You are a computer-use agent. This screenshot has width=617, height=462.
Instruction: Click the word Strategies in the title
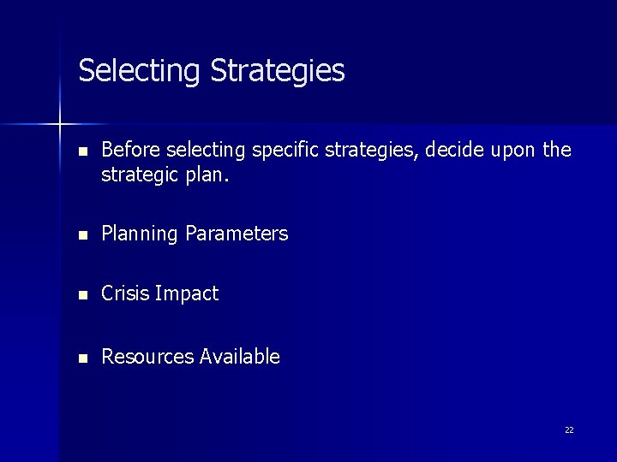click(277, 71)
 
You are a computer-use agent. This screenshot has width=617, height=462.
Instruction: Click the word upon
click(512, 152)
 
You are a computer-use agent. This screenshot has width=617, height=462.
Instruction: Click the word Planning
click(140, 234)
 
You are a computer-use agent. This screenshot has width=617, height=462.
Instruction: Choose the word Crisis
click(126, 293)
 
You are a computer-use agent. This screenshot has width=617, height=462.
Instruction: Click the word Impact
click(187, 294)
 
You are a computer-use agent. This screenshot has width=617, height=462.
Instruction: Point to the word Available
click(240, 357)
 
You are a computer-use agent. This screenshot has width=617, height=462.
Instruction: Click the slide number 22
click(569, 430)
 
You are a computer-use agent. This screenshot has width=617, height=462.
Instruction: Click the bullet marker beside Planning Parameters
click(82, 234)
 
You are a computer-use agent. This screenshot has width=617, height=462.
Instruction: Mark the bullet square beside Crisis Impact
click(82, 295)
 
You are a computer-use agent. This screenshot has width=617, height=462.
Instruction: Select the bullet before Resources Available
click(82, 358)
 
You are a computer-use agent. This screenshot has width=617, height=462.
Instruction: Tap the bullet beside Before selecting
click(82, 152)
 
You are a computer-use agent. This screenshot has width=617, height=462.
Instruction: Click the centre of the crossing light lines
click(60, 125)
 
